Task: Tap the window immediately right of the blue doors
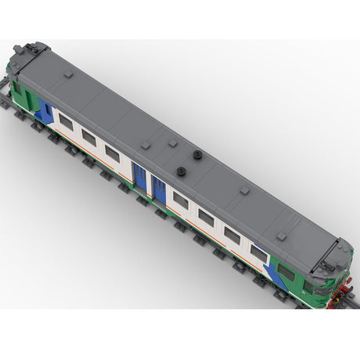(x=181, y=201)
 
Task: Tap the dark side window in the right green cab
(x=286, y=272)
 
